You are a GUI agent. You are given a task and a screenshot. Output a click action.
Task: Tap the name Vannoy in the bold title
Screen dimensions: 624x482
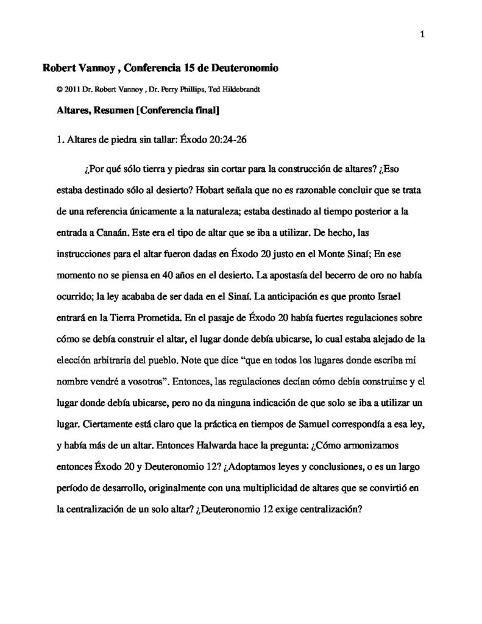[x=97, y=68]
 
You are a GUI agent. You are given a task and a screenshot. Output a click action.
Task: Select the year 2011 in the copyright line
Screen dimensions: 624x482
[x=71, y=88]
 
